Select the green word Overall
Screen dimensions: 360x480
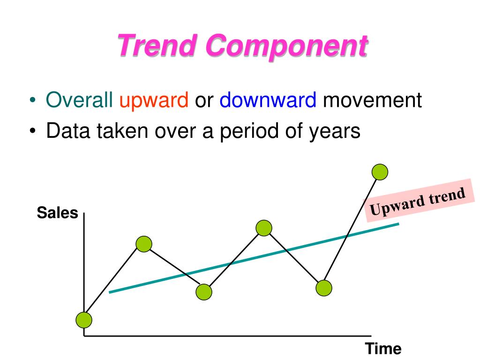click(x=79, y=101)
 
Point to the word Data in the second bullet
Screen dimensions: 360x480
click(x=66, y=131)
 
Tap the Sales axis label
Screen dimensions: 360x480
click(x=57, y=213)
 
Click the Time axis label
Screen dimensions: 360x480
click(x=383, y=349)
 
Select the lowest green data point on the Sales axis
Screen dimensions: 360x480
click(x=84, y=320)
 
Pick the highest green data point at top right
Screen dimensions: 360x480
click(x=380, y=172)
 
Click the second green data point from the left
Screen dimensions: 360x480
click(x=144, y=244)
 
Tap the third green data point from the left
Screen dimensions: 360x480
click(x=204, y=292)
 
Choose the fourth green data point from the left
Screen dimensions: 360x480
click(x=264, y=228)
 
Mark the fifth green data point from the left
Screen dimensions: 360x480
click(x=324, y=288)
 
